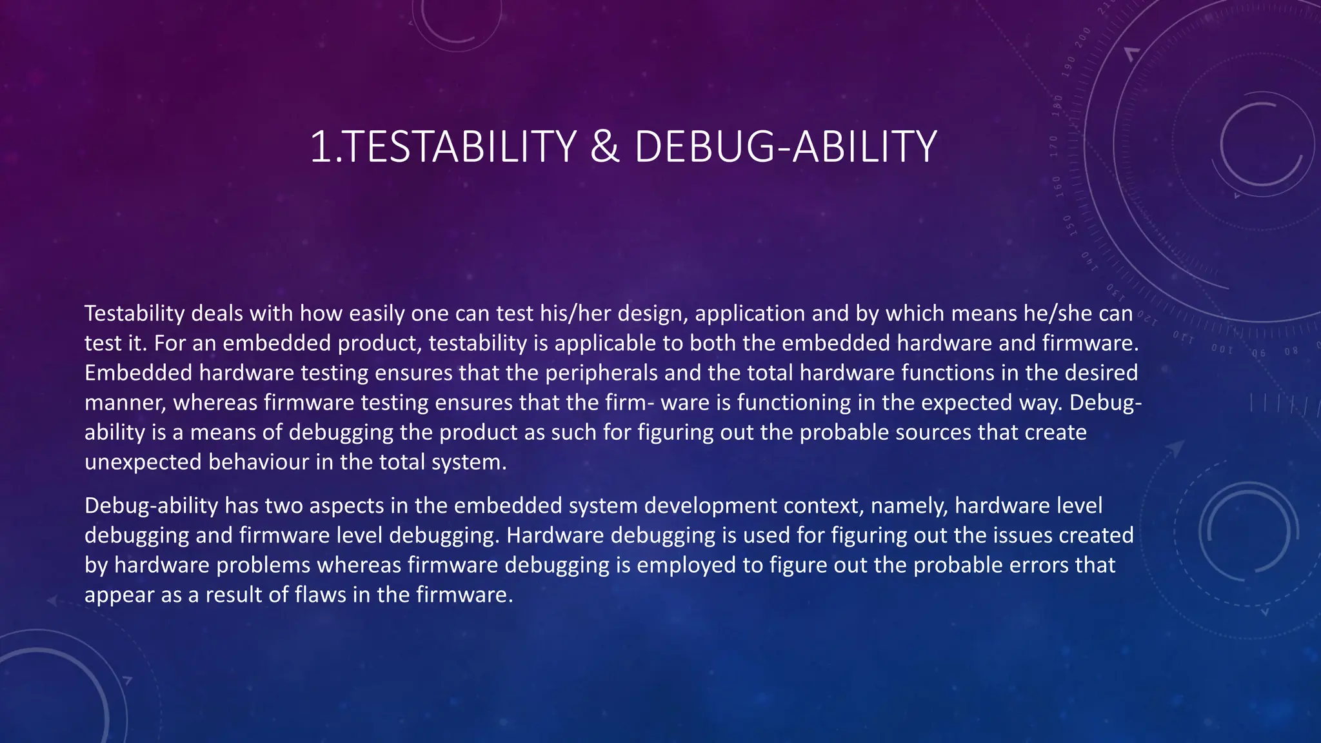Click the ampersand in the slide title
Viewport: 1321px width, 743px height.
(604, 147)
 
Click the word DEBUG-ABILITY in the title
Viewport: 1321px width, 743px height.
(785, 147)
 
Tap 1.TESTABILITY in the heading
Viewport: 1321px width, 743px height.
(443, 147)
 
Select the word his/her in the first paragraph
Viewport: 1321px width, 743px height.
(575, 313)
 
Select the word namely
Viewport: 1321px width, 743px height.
(909, 505)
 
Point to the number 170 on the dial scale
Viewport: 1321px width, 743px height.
(1054, 146)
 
